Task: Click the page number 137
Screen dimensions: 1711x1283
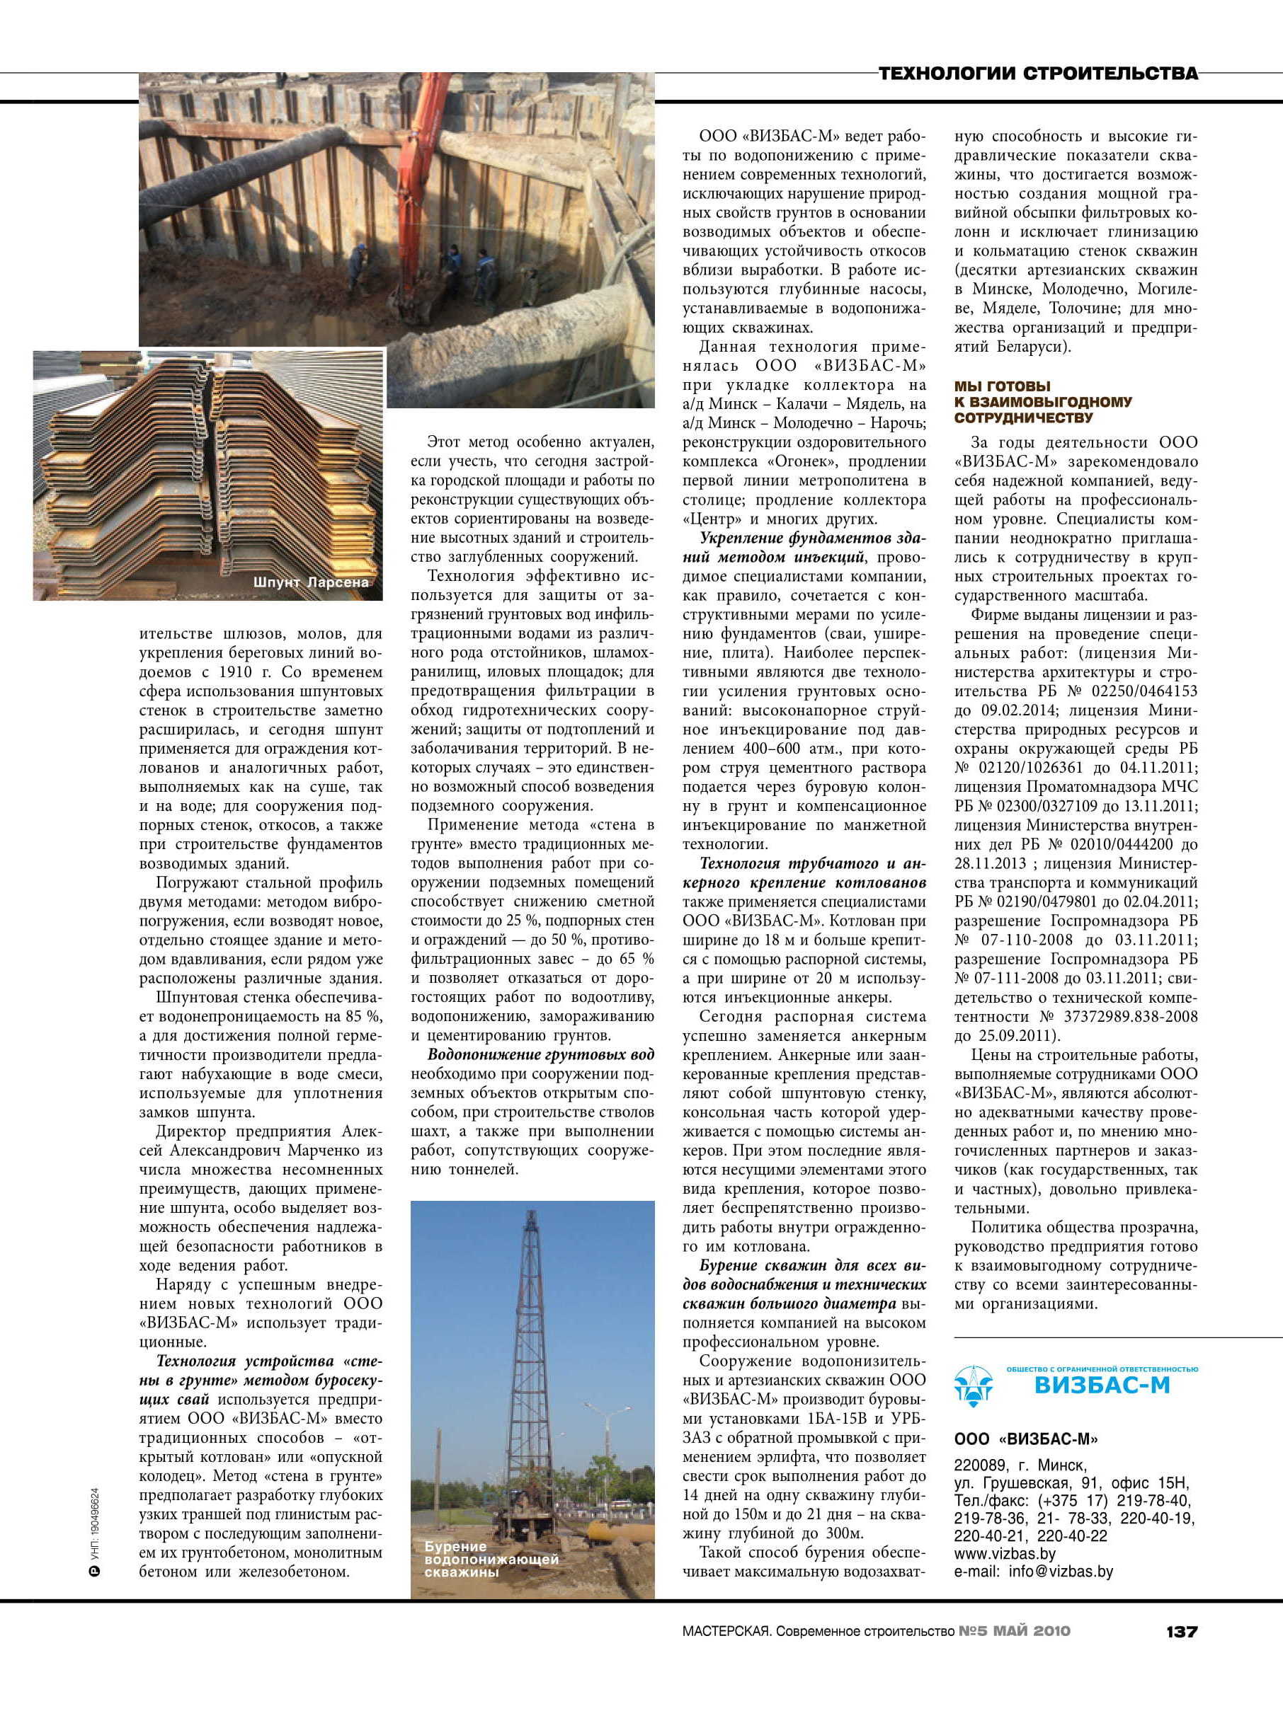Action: point(1181,1631)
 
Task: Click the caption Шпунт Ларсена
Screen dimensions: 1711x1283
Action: point(311,582)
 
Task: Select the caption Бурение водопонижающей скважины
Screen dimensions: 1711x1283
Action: point(491,1559)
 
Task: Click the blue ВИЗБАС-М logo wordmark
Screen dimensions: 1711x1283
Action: point(1102,1385)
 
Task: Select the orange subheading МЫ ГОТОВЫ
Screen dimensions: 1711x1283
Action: point(1002,386)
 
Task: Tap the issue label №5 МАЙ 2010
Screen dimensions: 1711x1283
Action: point(1015,1631)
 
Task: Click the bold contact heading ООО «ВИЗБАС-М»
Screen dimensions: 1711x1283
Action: point(1025,1439)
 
